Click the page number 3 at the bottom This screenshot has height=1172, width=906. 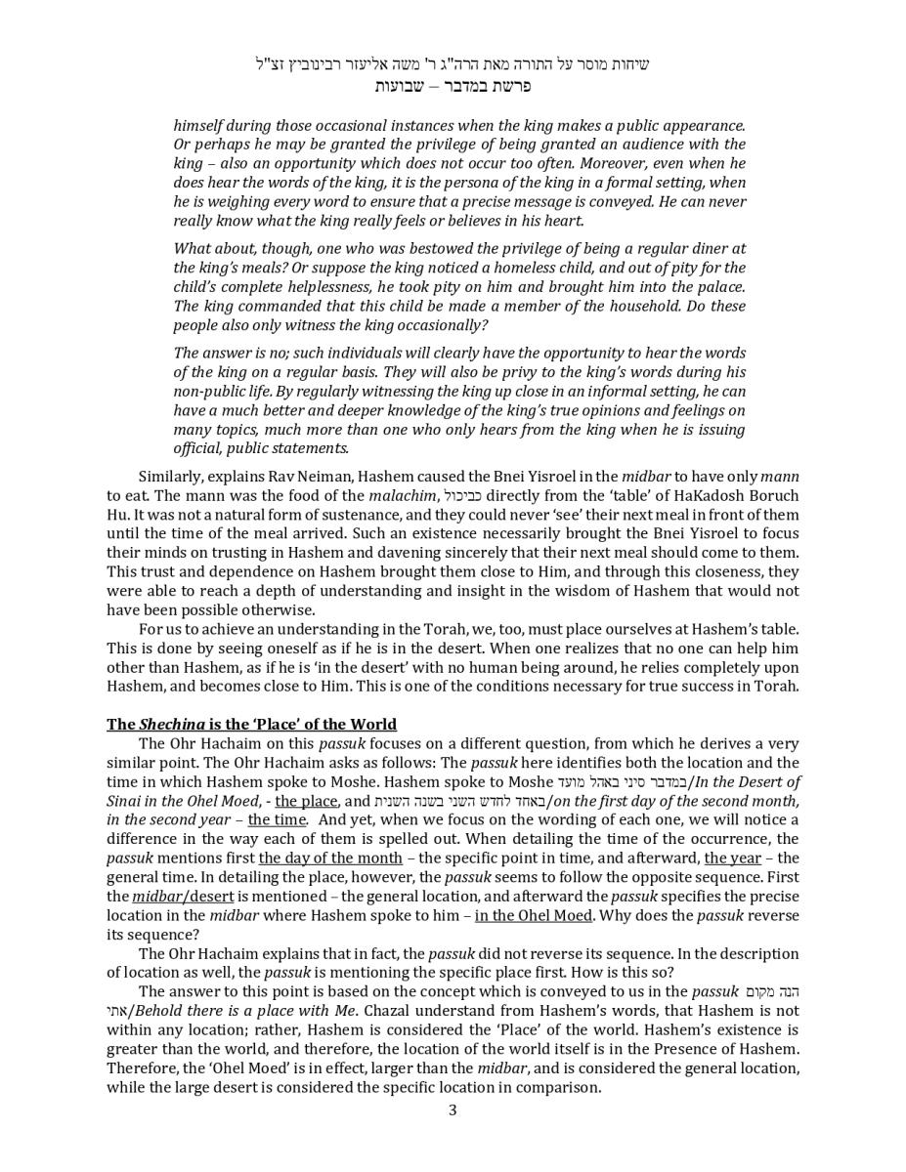coord(453,1109)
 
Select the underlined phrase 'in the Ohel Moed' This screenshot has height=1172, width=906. coord(534,916)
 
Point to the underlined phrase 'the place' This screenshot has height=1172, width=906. coord(306,802)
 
